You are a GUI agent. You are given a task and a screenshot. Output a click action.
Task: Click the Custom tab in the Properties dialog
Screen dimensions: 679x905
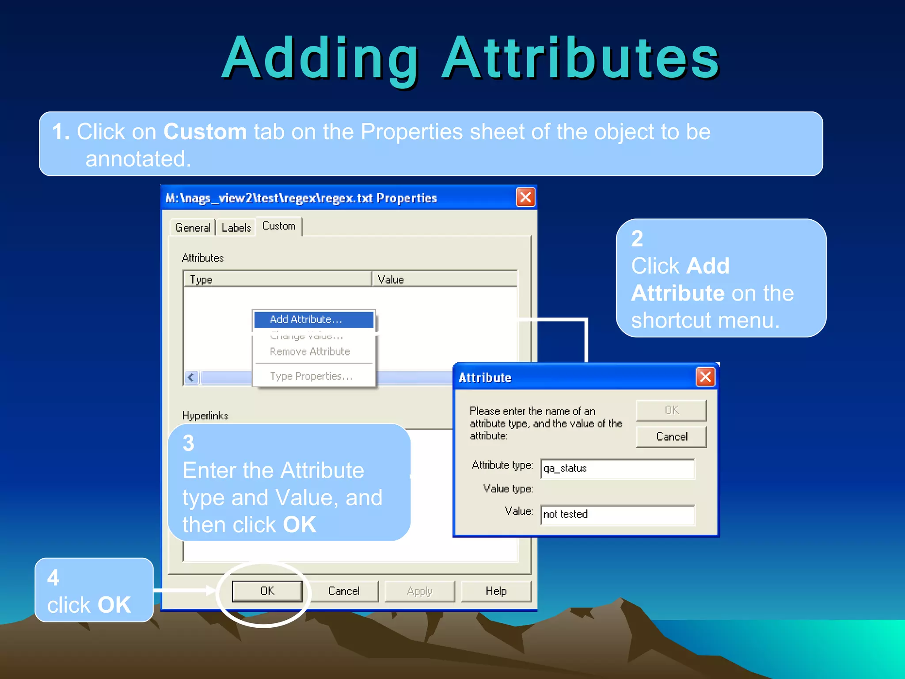(x=279, y=226)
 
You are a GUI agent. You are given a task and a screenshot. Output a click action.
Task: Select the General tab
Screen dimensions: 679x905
(x=193, y=228)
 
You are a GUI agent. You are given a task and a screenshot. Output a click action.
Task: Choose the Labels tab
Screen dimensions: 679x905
(x=236, y=228)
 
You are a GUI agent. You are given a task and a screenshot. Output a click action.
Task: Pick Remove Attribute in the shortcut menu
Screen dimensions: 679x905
(x=310, y=352)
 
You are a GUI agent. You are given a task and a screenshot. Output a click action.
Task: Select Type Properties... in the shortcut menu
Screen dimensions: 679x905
(x=311, y=376)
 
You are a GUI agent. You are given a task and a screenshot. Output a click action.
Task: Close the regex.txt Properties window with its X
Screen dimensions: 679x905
(x=525, y=198)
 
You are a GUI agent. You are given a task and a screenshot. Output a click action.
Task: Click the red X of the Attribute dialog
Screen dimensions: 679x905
(x=705, y=377)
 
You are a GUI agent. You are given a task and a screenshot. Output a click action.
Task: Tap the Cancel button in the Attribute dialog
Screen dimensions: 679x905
(x=671, y=437)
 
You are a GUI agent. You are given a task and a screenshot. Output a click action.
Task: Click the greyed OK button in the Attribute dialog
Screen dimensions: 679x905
(x=671, y=410)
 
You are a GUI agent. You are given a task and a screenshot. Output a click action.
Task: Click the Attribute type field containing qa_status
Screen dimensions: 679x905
(x=617, y=469)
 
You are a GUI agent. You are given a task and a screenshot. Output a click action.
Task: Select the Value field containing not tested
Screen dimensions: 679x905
(x=617, y=515)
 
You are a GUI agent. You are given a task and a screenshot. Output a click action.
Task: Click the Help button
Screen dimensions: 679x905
(x=496, y=591)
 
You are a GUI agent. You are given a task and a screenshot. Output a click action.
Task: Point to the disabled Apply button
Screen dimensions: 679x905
(x=419, y=591)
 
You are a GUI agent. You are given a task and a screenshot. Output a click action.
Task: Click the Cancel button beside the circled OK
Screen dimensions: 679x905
(x=343, y=591)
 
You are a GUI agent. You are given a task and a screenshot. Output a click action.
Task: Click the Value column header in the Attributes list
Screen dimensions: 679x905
(x=444, y=279)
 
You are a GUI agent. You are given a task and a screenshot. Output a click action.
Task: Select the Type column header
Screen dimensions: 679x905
(x=277, y=279)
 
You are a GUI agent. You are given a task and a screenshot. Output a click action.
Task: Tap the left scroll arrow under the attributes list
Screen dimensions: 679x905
(x=191, y=378)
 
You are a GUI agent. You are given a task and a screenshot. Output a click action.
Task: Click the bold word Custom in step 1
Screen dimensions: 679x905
(x=205, y=132)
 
